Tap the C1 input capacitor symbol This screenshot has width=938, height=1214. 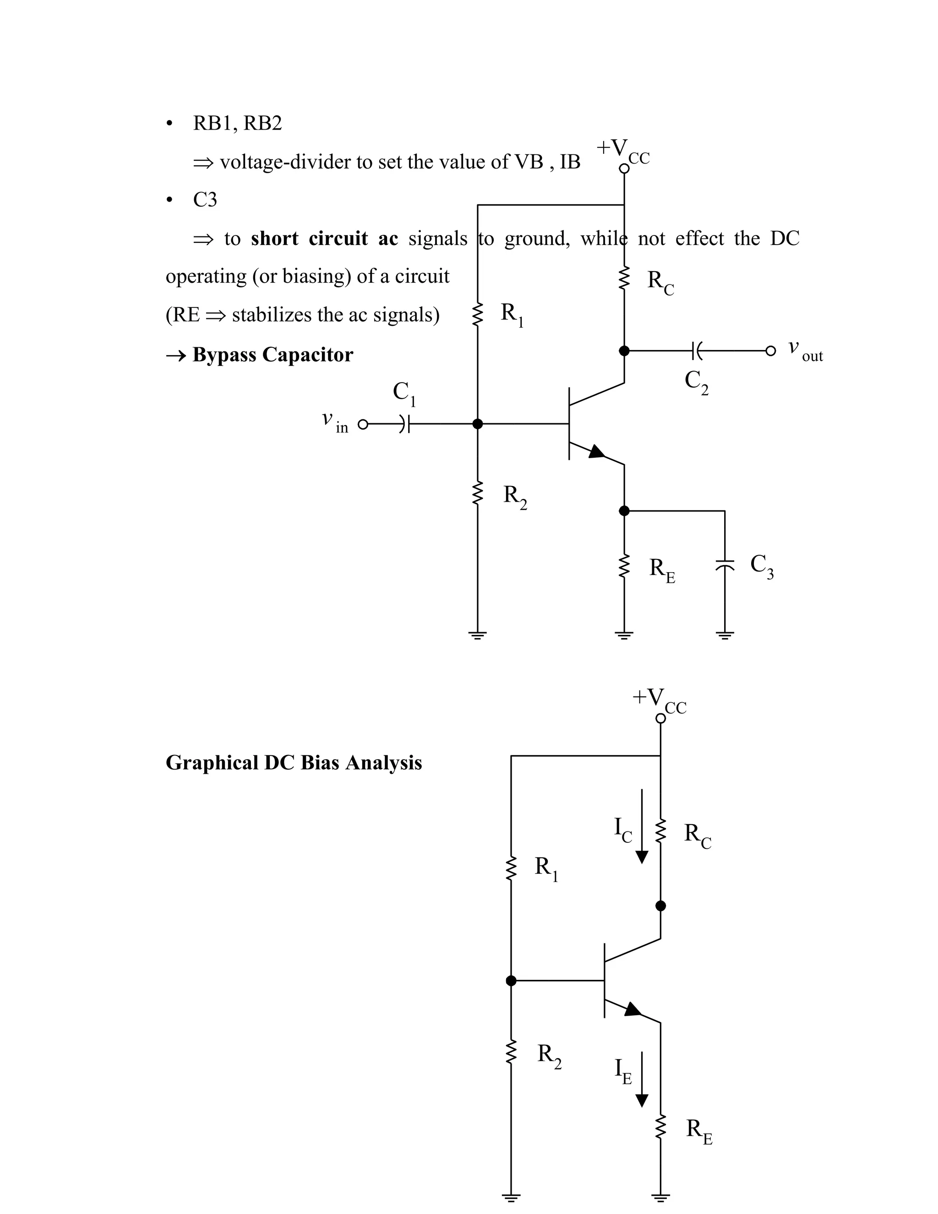(x=405, y=424)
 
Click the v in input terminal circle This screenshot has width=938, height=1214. (x=363, y=425)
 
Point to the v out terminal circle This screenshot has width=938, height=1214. (x=770, y=351)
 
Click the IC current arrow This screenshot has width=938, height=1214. (x=642, y=826)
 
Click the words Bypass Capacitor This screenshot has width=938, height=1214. (x=273, y=355)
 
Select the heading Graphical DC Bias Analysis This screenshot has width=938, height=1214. (x=294, y=763)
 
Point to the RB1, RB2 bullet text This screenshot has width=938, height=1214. (x=237, y=123)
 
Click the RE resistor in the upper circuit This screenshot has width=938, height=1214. (x=624, y=566)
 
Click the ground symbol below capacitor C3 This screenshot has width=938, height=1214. (x=725, y=635)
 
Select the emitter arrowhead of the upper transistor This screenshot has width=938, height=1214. (x=596, y=452)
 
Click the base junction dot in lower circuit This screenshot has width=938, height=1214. (x=511, y=981)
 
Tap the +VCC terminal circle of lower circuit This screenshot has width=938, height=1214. (x=660, y=718)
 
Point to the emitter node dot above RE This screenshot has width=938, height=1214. (x=624, y=510)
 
